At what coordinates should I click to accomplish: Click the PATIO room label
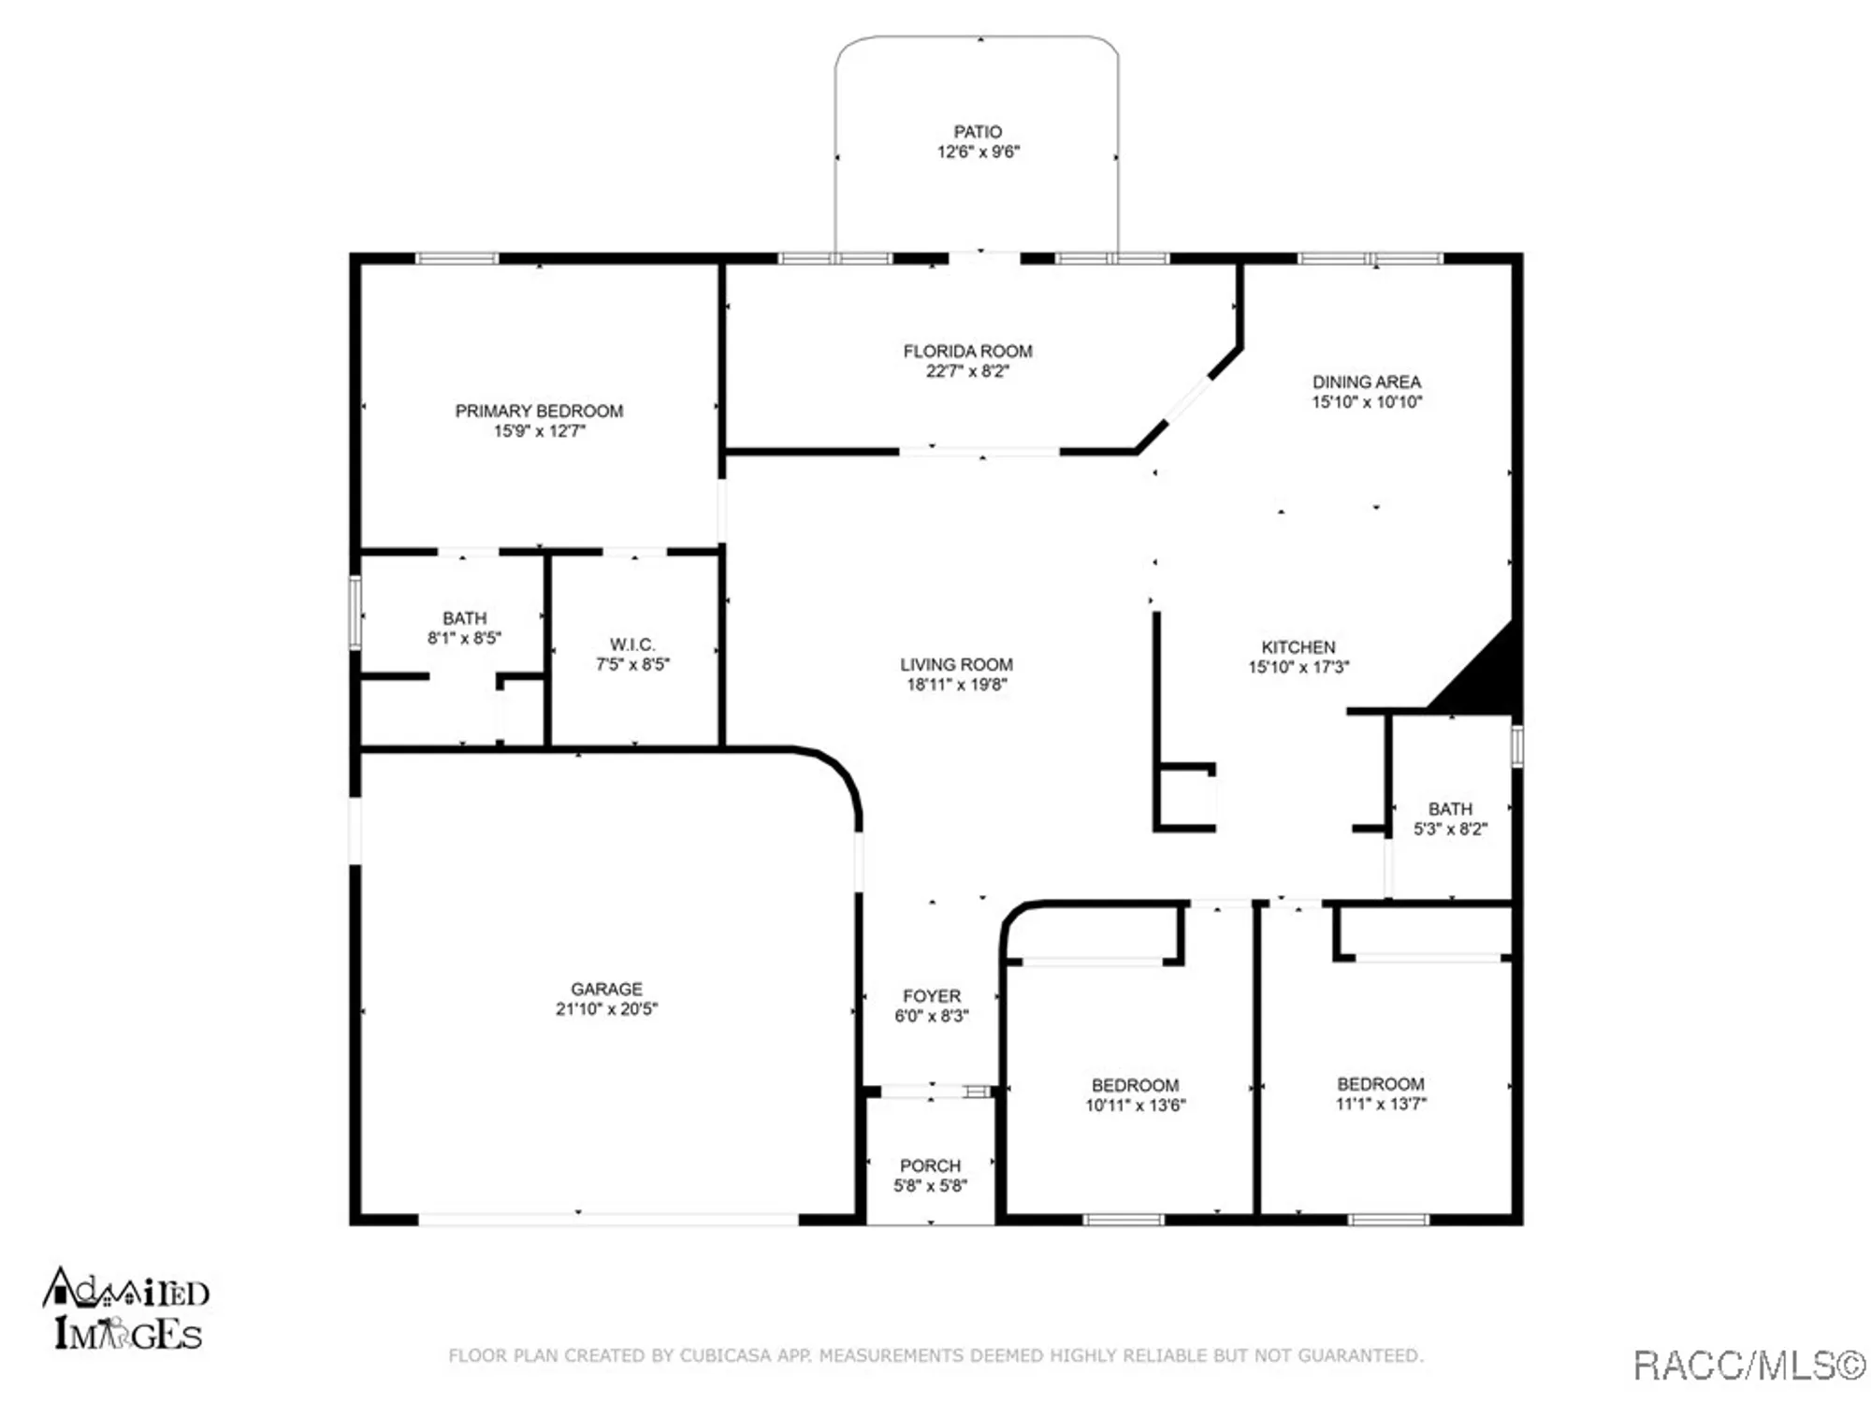978,132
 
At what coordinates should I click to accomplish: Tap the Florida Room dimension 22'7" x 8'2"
967,371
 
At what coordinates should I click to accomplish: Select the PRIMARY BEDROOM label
539,411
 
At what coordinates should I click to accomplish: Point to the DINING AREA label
1366,382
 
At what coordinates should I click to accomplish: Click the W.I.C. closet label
632,644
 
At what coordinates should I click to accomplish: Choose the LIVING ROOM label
956,664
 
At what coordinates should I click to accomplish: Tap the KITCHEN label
1298,647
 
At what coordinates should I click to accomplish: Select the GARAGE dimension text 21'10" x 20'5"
606,1009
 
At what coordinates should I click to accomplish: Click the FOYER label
931,996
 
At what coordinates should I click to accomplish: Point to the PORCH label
930,1165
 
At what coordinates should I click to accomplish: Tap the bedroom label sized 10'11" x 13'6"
1135,1085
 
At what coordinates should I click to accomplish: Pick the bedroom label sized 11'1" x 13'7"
1380,1084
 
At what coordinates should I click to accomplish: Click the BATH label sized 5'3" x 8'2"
1449,808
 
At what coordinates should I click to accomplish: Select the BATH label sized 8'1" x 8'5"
464,618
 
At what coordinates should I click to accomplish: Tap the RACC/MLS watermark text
1748,1367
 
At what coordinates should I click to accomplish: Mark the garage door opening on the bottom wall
608,1220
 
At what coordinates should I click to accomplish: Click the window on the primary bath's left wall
355,613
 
